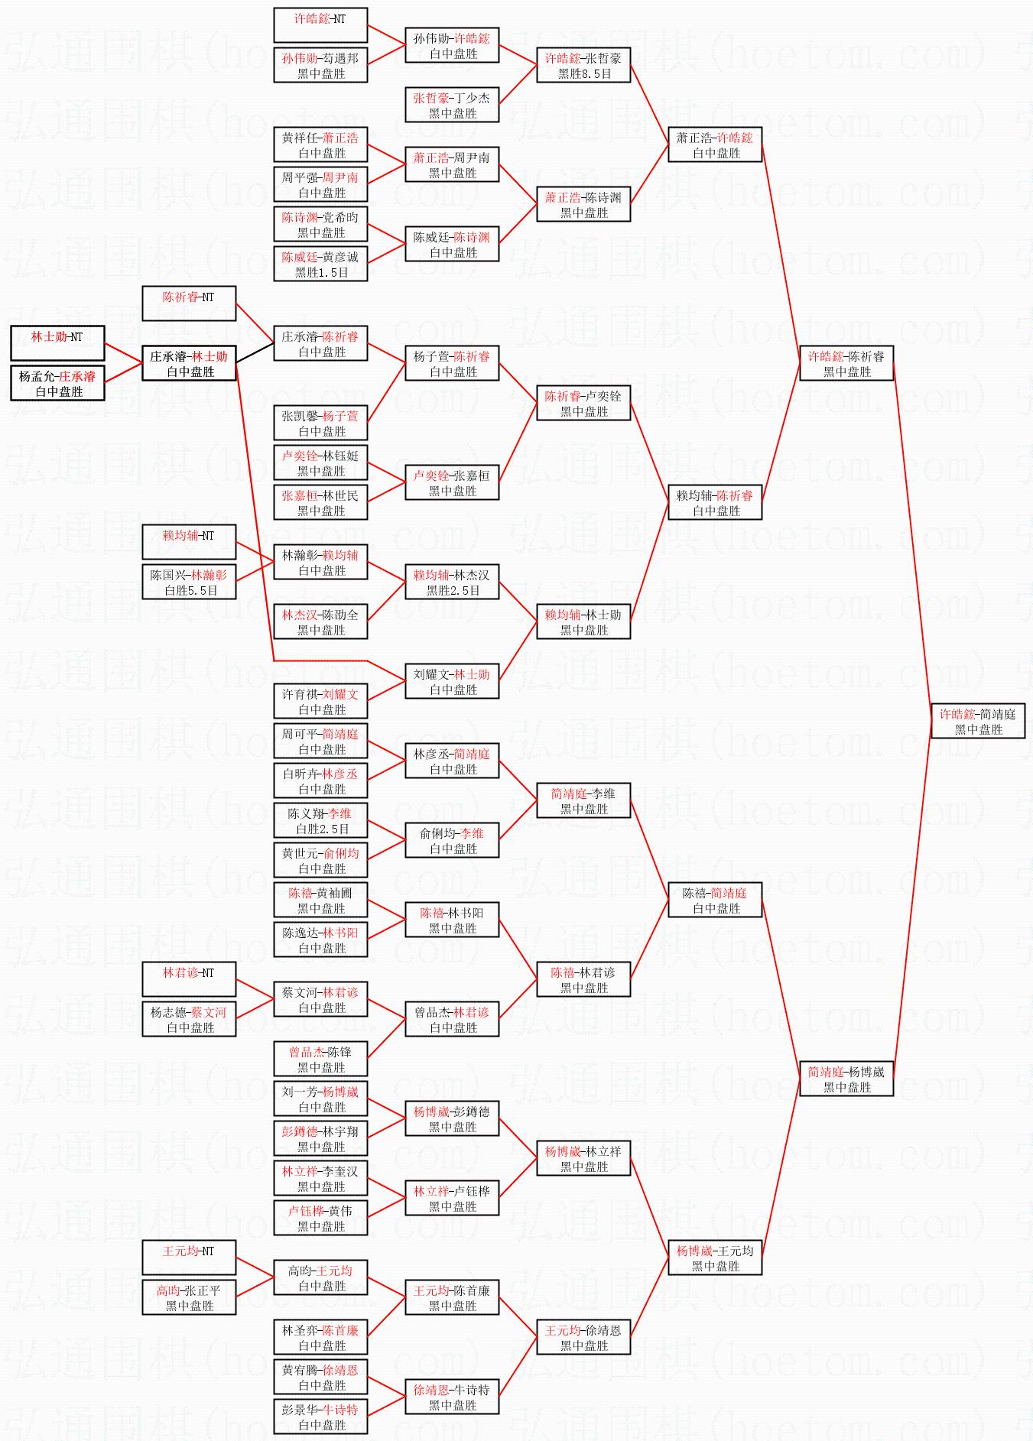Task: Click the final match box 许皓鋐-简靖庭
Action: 978,722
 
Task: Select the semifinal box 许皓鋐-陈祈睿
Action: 846,364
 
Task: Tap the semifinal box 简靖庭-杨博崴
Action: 846,1079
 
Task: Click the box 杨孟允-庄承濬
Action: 57,384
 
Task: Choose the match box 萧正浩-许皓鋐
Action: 715,145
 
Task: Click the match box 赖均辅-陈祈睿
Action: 715,503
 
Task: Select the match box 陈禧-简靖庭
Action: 715,901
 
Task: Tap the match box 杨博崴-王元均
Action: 715,1258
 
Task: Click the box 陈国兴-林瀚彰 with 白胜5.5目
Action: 189,583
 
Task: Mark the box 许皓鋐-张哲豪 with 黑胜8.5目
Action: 583,66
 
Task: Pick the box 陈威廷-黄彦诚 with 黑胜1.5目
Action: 320,265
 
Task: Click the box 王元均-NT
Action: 189,1258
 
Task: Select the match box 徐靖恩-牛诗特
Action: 452,1397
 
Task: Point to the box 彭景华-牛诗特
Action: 320,1417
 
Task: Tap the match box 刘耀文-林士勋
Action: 452,682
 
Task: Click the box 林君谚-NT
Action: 189,980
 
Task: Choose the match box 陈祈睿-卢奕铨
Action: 583,404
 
